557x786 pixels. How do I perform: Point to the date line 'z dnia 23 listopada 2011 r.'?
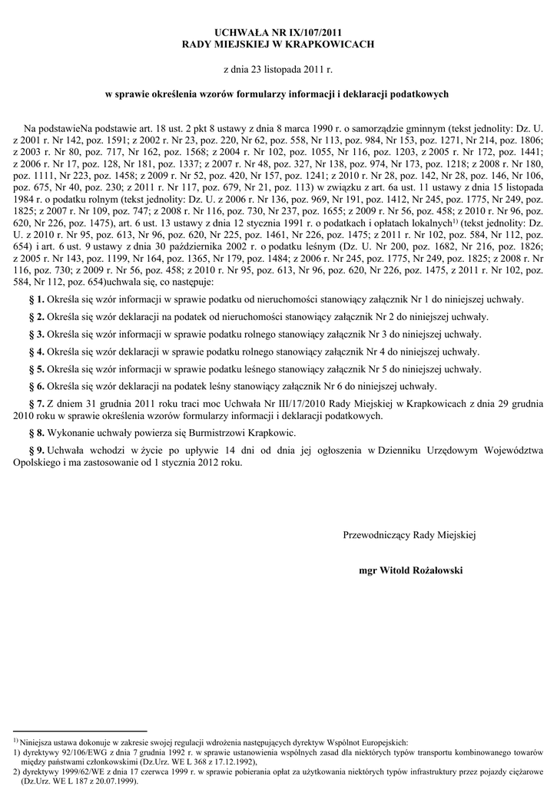[277, 70]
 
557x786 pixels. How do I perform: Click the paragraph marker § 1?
[36, 299]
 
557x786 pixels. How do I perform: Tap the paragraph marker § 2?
[36, 317]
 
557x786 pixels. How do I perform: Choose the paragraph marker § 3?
[36, 335]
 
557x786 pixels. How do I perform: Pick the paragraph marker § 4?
[36, 352]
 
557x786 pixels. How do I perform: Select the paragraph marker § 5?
[36, 369]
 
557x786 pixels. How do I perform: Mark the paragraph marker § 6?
[36, 387]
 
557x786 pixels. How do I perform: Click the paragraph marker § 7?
[36, 405]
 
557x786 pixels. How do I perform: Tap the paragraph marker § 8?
[36, 434]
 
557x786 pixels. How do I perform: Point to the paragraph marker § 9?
[36, 451]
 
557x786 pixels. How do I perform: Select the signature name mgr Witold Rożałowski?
[411, 571]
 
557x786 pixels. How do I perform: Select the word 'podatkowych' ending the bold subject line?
[421, 94]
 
